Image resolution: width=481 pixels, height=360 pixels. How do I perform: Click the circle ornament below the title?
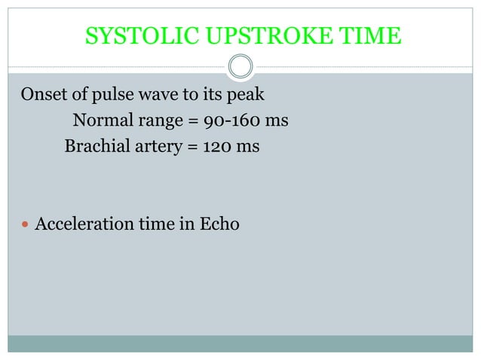(240, 68)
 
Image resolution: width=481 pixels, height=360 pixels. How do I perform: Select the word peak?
(252, 96)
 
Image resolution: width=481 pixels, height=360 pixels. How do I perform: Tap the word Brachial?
(95, 145)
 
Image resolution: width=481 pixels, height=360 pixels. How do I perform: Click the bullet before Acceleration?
(25, 224)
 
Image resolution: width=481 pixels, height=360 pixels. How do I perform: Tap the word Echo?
(219, 223)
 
